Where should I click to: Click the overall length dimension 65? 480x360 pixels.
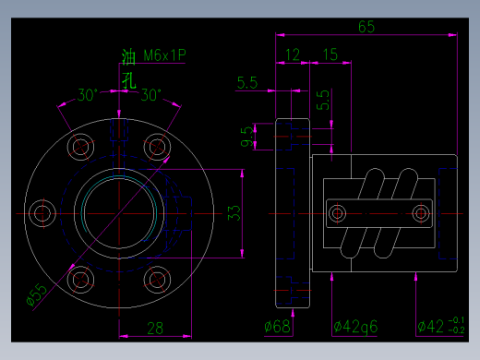[x=366, y=27]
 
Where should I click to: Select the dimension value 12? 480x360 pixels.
[x=294, y=54]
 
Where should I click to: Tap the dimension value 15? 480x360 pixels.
[x=330, y=54]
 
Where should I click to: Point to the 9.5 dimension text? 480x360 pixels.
[x=246, y=138]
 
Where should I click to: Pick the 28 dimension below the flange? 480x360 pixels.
[x=154, y=327]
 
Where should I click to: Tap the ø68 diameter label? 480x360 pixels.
[x=278, y=327]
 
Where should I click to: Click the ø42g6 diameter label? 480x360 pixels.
[x=357, y=327]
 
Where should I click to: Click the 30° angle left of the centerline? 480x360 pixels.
[x=87, y=94]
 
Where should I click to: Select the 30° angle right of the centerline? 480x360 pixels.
[x=150, y=94]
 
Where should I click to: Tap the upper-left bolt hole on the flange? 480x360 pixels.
[x=80, y=146]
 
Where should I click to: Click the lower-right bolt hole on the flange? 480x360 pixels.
[x=159, y=279]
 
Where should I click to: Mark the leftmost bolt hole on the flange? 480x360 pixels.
[x=42, y=213]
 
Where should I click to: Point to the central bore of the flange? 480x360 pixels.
[x=119, y=213]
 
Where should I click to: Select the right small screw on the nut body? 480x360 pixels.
[x=422, y=213]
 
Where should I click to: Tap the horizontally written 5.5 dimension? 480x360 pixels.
[x=247, y=83]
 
